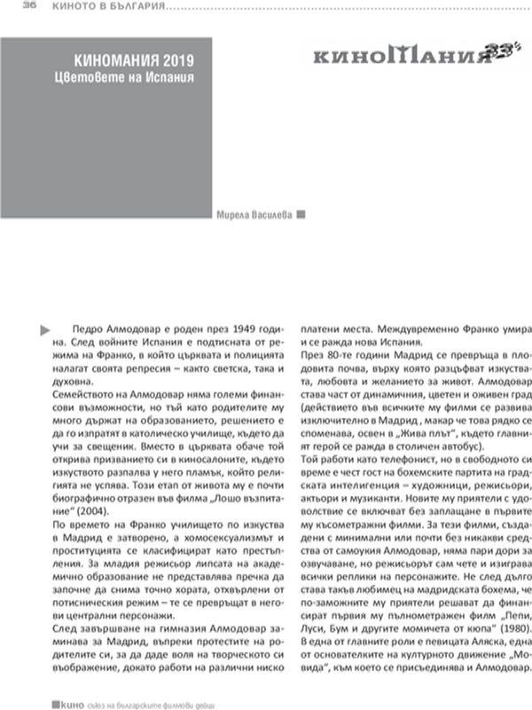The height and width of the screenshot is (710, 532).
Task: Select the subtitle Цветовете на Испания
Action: tap(133, 78)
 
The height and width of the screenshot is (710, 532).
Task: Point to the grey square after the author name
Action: tap(301, 214)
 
